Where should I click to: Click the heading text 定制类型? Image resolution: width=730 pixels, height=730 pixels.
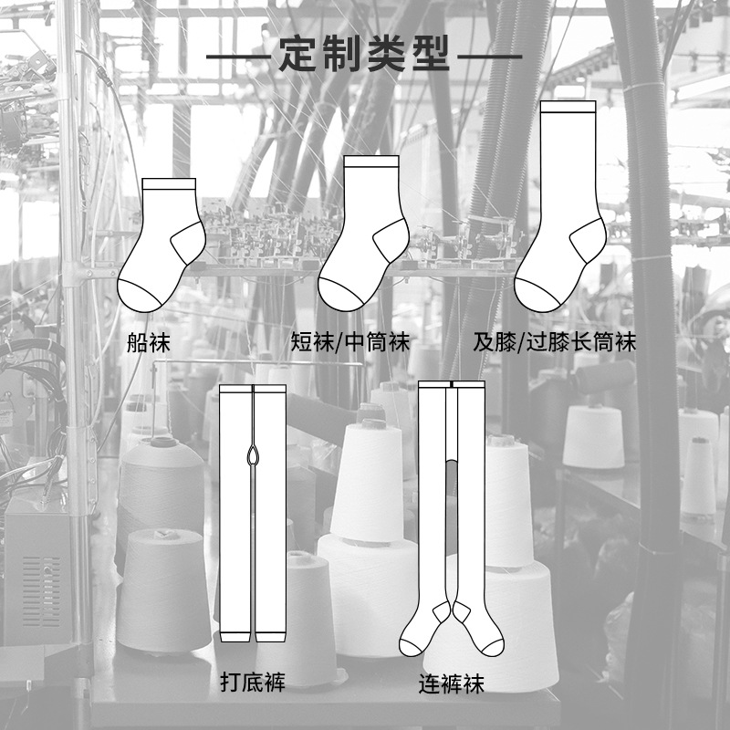click(364, 56)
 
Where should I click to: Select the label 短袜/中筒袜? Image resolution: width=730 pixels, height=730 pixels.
click(350, 343)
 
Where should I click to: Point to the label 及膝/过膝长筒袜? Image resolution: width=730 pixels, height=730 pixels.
click(554, 343)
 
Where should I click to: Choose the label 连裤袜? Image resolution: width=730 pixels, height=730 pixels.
click(451, 683)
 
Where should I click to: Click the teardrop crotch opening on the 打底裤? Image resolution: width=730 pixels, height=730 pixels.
click(253, 454)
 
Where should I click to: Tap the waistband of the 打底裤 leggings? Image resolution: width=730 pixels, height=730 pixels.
click(253, 388)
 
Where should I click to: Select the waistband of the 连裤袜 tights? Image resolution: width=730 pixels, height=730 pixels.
click(452, 385)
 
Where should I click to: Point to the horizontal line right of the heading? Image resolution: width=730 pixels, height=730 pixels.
click(488, 57)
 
